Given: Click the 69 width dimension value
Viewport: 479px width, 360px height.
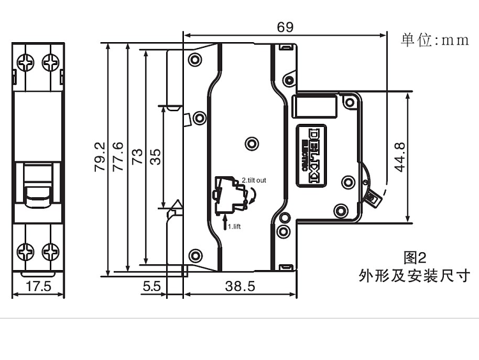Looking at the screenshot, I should (x=285, y=27).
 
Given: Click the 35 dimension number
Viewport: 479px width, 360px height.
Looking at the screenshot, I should (x=155, y=157).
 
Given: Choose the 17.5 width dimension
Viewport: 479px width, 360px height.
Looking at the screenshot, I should (x=38, y=287).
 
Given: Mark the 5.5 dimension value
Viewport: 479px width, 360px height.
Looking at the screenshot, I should (x=152, y=287).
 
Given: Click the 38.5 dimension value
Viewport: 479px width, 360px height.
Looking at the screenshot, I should (x=240, y=287).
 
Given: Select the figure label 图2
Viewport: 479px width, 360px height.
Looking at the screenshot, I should (x=414, y=258).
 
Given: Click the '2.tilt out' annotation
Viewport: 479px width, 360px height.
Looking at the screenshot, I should (x=254, y=181).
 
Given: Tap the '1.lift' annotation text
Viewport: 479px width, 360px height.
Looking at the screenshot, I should (x=234, y=226).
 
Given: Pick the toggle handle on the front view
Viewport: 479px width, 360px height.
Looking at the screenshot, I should (x=38, y=185).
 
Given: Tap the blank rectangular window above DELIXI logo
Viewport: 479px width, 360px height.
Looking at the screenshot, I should (x=313, y=105).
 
